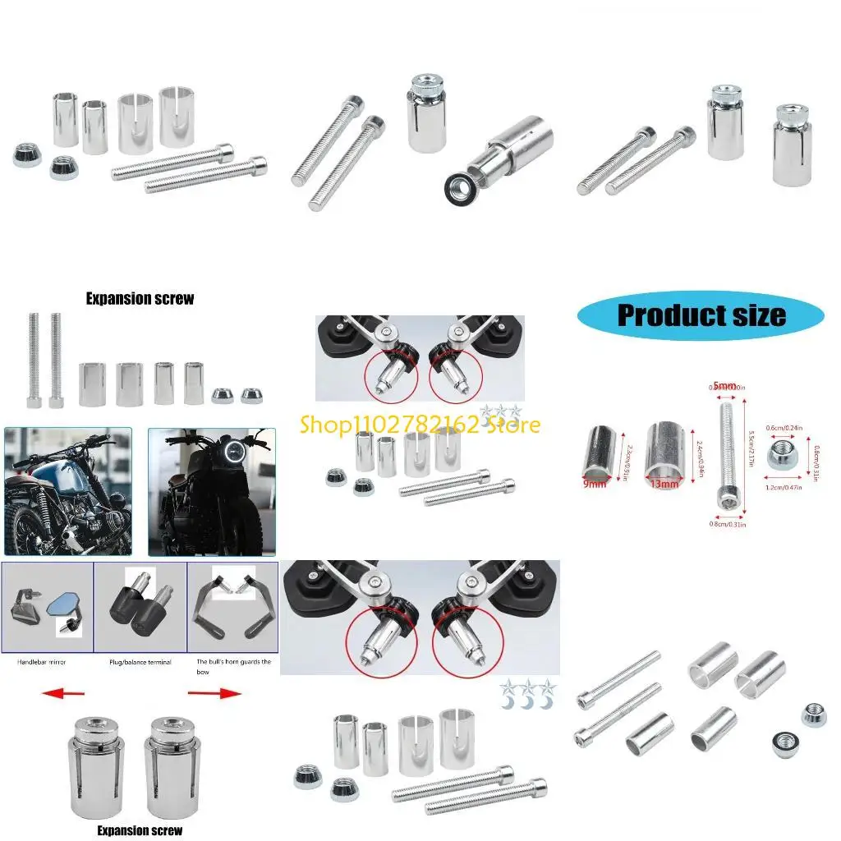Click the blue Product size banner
pos(701,315)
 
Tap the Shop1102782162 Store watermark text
pos(420,424)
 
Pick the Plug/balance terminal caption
pos(140,661)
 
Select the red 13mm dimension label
pos(665,485)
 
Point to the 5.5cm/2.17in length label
pos(751,449)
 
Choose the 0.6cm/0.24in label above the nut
pos(782,426)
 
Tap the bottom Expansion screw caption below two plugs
pos(140,830)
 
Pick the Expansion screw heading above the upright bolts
pos(140,299)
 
